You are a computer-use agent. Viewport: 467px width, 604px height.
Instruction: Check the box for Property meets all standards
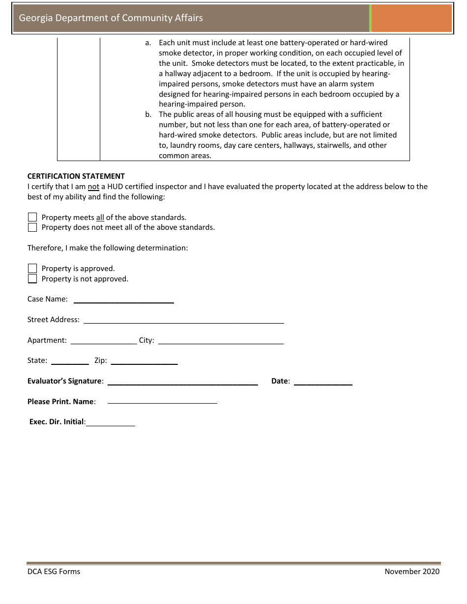tap(32, 217)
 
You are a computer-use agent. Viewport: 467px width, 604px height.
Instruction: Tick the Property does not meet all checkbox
tap(32, 227)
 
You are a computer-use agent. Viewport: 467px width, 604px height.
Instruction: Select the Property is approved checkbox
tap(32, 268)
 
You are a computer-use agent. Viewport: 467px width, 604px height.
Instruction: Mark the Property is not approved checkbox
tap(32, 279)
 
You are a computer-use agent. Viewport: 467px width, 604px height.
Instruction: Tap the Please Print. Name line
tap(162, 402)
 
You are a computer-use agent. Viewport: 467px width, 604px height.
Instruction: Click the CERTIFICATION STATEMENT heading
tap(76, 176)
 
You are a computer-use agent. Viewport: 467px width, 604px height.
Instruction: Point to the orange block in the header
tap(411, 18)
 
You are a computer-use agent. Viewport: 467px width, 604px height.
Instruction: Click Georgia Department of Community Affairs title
tap(111, 18)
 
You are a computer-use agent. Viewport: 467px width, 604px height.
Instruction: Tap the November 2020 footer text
tap(412, 571)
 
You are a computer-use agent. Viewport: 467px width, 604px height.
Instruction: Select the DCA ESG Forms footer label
tap(54, 571)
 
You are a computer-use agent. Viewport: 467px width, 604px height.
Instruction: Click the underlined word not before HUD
tap(93, 187)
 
